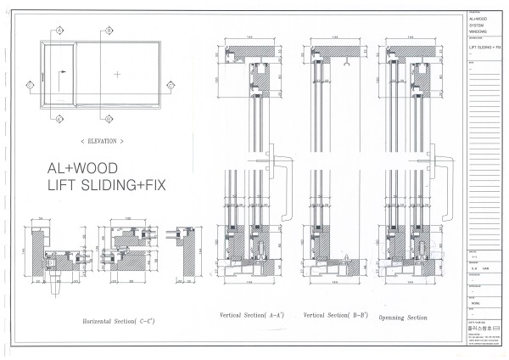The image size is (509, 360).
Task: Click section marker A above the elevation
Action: pos(59,29)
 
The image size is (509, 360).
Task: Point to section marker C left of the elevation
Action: pos(30,85)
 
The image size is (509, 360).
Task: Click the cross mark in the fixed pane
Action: pos(117,75)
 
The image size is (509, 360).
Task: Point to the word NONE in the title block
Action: pos(477,301)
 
